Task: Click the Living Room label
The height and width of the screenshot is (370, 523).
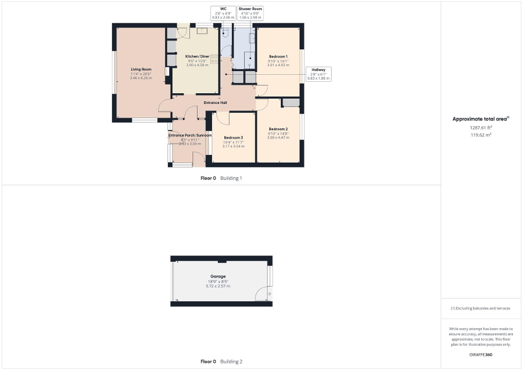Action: pyautogui.click(x=140, y=69)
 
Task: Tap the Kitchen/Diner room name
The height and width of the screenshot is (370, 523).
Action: pyautogui.click(x=197, y=56)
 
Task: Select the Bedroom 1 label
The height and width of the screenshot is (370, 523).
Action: pyautogui.click(x=278, y=56)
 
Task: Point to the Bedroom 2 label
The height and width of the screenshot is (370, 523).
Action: pyautogui.click(x=278, y=129)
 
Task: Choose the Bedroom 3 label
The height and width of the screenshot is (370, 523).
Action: pyautogui.click(x=233, y=138)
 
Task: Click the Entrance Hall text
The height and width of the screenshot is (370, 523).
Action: pyautogui.click(x=215, y=102)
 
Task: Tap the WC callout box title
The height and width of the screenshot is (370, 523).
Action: pyautogui.click(x=223, y=9)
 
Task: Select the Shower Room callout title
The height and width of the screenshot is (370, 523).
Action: pyautogui.click(x=250, y=9)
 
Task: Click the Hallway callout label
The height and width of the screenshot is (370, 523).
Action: pyautogui.click(x=318, y=70)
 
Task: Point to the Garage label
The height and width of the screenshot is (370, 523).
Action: pyautogui.click(x=218, y=276)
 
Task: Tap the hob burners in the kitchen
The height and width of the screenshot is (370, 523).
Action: pyautogui.click(x=214, y=59)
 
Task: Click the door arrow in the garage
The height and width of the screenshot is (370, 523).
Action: pyautogui.click(x=263, y=293)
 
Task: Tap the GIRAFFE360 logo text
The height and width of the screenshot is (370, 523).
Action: pyautogui.click(x=481, y=354)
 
